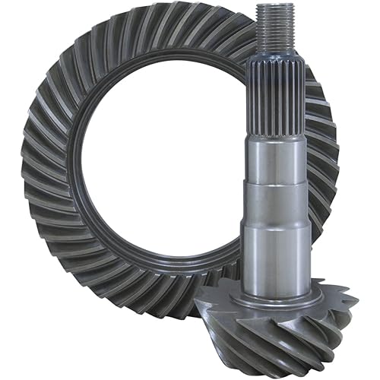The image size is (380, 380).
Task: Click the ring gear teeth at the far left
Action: pyautogui.click(x=38, y=175)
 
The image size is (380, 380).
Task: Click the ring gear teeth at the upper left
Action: pyautogui.click(x=72, y=76)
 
